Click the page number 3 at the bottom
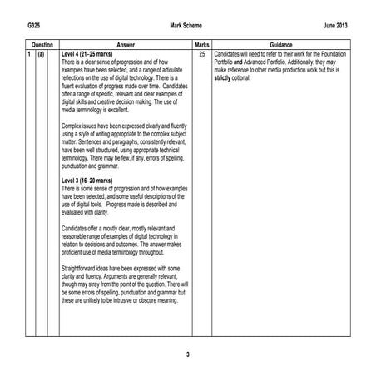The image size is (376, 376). tap(188, 355)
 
